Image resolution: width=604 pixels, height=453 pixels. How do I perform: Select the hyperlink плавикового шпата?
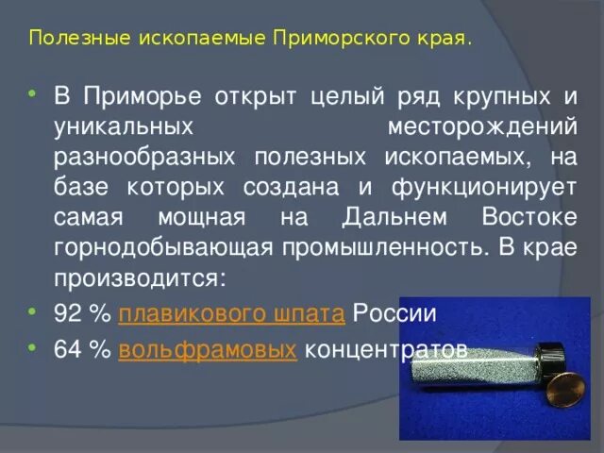[234, 314]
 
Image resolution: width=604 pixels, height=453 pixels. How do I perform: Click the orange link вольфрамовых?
[209, 350]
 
